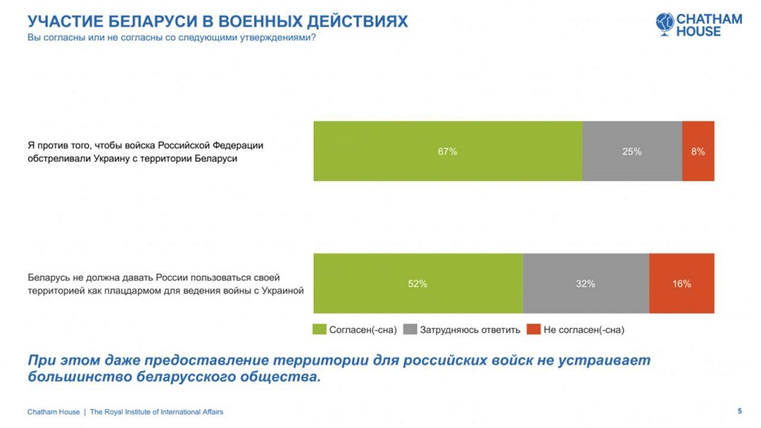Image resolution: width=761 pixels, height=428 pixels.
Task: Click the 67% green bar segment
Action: [448, 151]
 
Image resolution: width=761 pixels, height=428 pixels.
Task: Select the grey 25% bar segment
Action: [632, 151]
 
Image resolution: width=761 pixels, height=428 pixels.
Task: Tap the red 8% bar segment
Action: [698, 151]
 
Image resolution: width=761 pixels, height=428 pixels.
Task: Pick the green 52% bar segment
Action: [418, 284]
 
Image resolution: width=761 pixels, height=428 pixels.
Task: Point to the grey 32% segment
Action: [586, 284]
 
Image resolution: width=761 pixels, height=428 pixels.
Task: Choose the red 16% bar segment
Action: [682, 284]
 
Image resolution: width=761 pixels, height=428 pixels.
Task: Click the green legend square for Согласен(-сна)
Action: [320, 330]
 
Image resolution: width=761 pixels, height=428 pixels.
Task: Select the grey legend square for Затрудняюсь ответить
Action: [410, 330]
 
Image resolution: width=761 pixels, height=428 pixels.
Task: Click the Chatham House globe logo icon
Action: [664, 24]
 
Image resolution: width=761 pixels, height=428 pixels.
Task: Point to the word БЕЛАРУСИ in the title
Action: [139, 21]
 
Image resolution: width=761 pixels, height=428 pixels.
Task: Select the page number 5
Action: [740, 411]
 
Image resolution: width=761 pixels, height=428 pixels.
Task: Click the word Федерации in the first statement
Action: [239, 145]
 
